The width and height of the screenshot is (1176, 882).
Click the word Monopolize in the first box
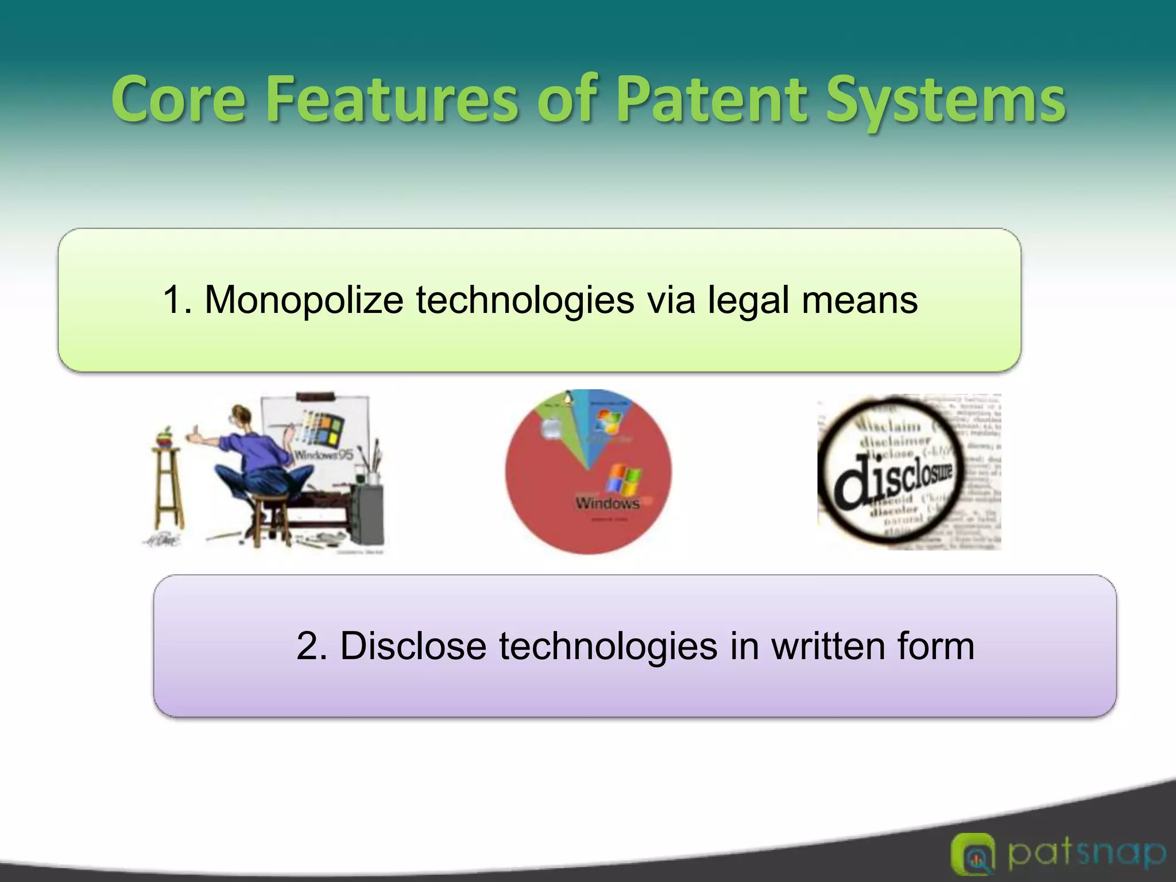pyautogui.click(x=304, y=300)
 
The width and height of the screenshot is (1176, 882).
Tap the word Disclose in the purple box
pyautogui.click(x=413, y=646)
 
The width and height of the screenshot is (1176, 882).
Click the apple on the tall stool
pyautogui.click(x=165, y=438)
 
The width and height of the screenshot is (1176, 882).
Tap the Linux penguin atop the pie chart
pyautogui.click(x=568, y=398)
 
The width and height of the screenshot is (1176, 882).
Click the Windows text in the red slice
pyautogui.click(x=608, y=504)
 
